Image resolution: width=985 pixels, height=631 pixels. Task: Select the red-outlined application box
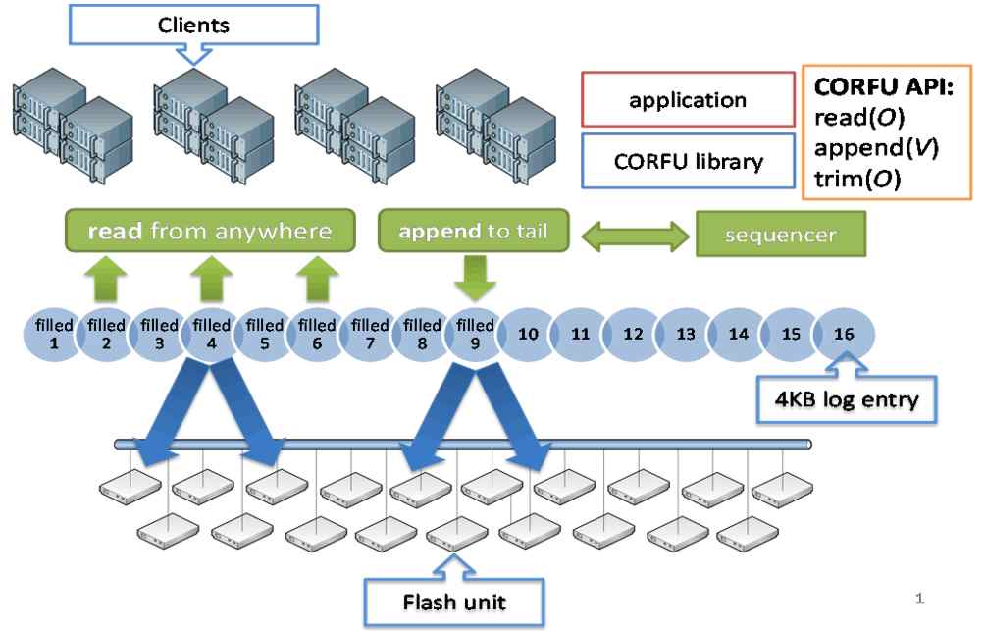click(x=687, y=100)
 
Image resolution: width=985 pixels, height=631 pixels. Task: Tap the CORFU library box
click(x=687, y=161)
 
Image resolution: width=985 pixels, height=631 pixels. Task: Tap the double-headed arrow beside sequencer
click(x=631, y=237)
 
